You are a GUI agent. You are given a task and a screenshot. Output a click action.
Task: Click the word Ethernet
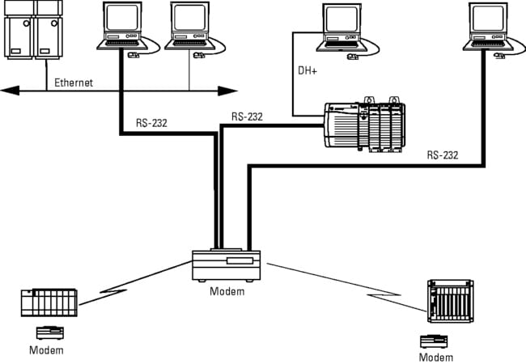click(x=74, y=83)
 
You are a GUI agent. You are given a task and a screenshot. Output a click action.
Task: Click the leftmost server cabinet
click(x=18, y=31)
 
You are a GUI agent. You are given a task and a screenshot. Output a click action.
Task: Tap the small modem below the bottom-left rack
click(x=49, y=331)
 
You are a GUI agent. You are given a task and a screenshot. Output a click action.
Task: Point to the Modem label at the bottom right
click(x=436, y=357)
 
